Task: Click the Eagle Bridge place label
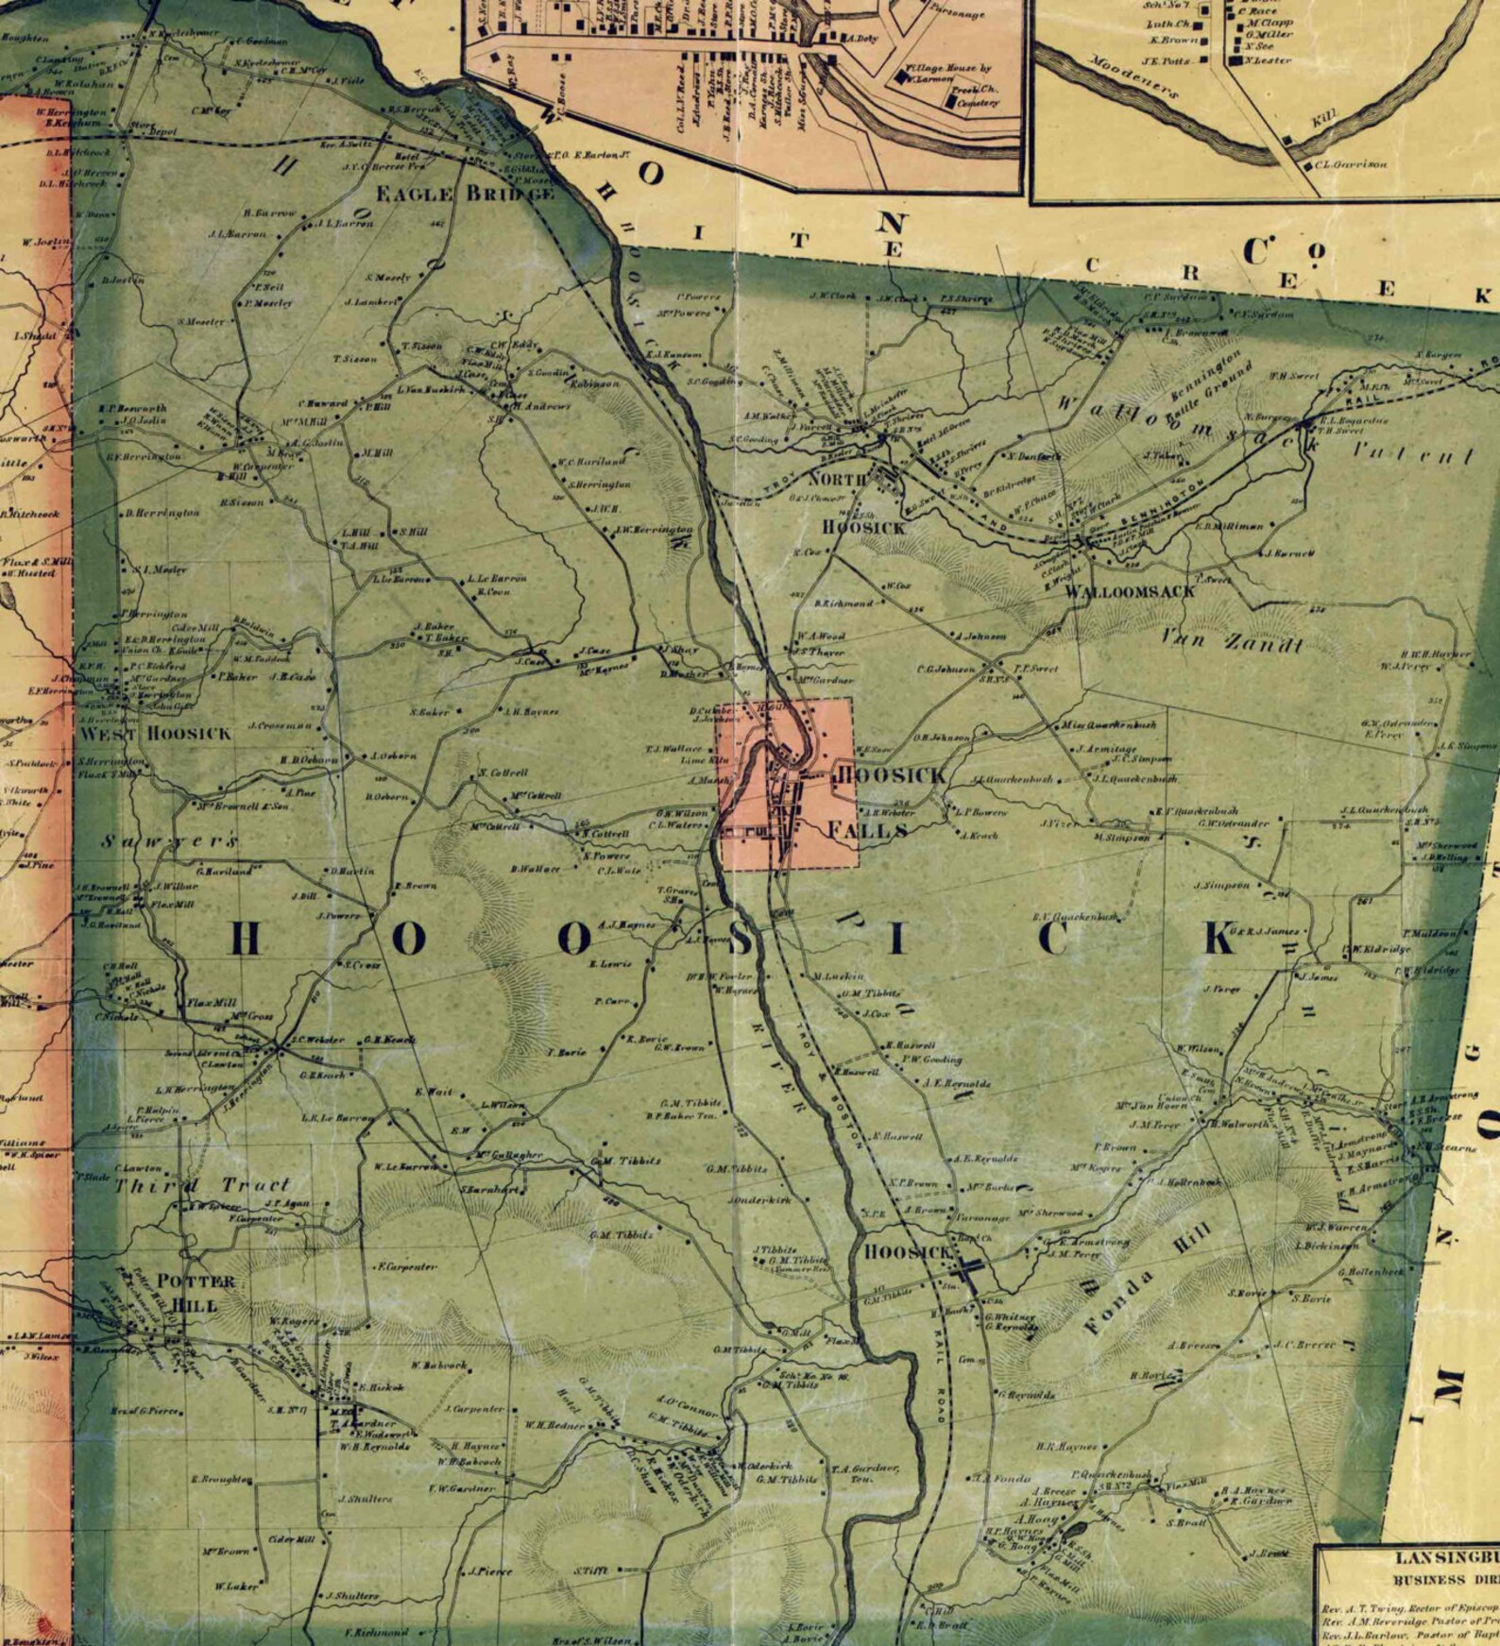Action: click(465, 194)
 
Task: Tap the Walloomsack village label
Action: click(1130, 591)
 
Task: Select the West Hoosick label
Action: click(155, 734)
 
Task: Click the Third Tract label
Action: click(202, 1185)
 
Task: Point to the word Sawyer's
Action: click(170, 840)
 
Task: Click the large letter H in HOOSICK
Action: click(245, 940)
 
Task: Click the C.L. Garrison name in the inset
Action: click(1351, 164)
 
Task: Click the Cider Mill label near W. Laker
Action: click(292, 1540)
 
